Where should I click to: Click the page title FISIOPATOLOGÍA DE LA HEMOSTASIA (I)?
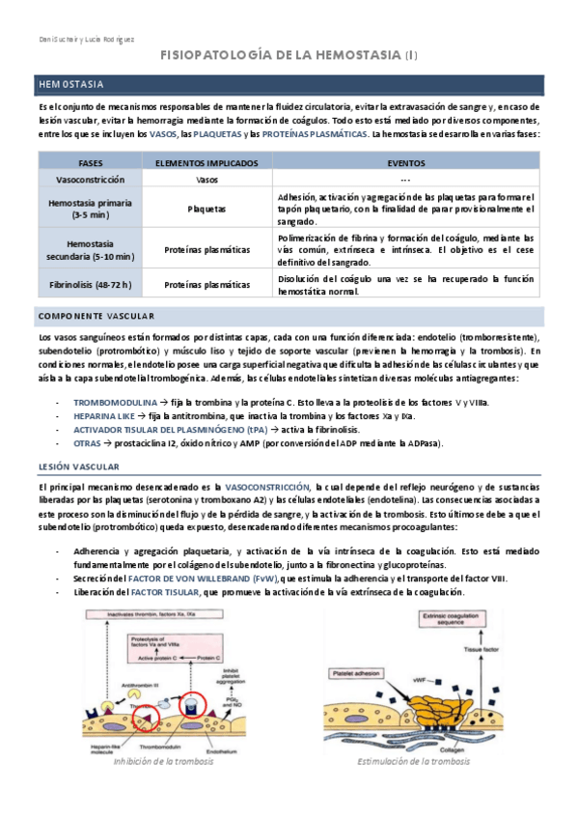tap(289, 57)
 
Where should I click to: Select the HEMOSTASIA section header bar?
tap(289, 85)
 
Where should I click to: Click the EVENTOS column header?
tap(404, 162)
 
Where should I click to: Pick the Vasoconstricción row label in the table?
tap(91, 180)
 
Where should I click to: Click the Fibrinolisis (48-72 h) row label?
tap(92, 284)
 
